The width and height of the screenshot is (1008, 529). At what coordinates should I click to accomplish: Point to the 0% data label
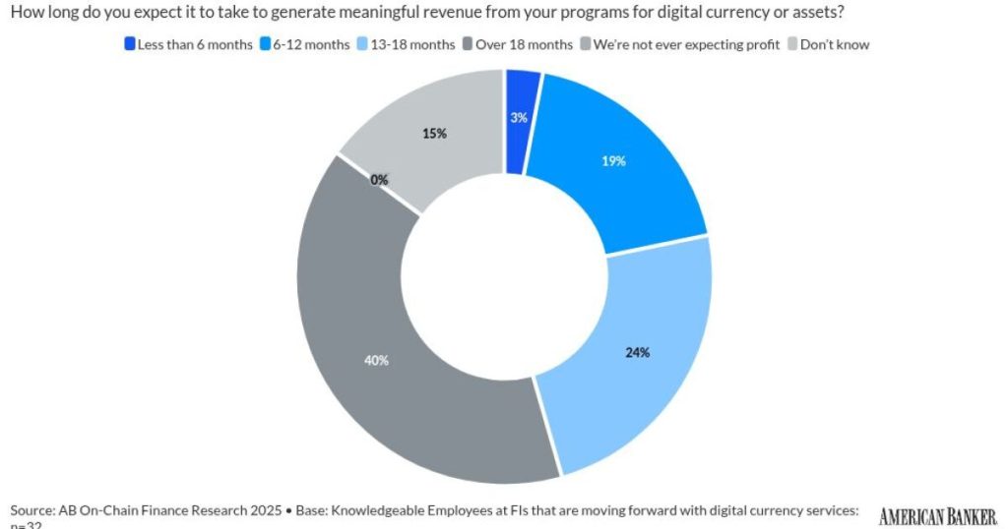tap(379, 180)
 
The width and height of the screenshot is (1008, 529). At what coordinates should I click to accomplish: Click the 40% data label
tap(376, 360)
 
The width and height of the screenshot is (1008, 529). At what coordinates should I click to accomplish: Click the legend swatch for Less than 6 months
tap(129, 44)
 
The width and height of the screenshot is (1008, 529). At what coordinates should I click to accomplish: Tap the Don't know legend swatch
tap(792, 44)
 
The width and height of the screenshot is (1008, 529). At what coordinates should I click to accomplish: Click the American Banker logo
tap(938, 515)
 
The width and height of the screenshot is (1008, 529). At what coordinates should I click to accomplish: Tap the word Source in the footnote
tap(31, 511)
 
